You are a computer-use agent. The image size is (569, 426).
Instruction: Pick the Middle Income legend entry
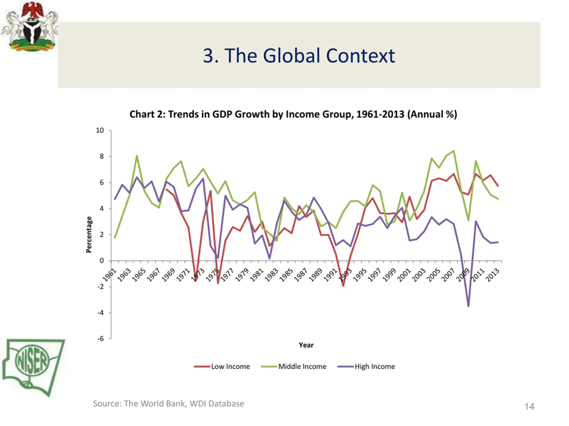click(294, 367)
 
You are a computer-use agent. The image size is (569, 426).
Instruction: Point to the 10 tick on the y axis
click(100, 130)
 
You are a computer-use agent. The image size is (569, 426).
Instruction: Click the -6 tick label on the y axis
click(101, 339)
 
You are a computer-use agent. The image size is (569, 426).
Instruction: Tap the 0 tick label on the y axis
click(102, 261)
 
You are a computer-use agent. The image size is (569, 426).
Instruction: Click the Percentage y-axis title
click(89, 235)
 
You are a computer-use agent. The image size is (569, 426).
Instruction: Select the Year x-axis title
click(306, 345)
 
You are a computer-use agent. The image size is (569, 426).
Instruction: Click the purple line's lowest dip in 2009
click(468, 306)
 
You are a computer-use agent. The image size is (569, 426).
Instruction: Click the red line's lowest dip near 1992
click(343, 286)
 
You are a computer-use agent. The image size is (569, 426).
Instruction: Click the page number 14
click(529, 406)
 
